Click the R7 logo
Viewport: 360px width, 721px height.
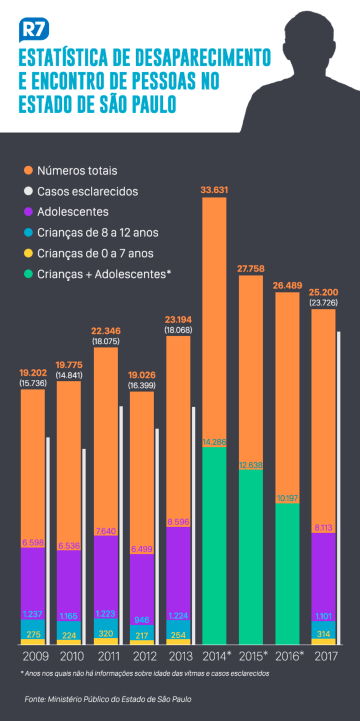pyautogui.click(x=34, y=29)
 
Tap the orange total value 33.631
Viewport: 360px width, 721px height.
pyautogui.click(x=214, y=190)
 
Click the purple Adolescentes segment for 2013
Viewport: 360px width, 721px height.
pyautogui.click(x=178, y=572)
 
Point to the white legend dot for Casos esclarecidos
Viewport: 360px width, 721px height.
pyautogui.click(x=29, y=191)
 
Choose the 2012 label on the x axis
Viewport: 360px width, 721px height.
pyautogui.click(x=142, y=656)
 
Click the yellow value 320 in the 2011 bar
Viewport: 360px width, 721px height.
pyautogui.click(x=106, y=634)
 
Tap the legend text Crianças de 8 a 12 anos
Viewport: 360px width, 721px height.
pyautogui.click(x=98, y=233)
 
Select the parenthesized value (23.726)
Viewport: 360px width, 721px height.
pyautogui.click(x=323, y=303)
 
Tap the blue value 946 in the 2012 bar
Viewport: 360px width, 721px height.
pyautogui.click(x=142, y=619)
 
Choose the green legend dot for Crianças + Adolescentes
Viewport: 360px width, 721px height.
pyautogui.click(x=29, y=274)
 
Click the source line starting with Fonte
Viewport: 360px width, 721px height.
pyautogui.click(x=108, y=699)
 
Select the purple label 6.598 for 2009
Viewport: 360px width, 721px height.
pyautogui.click(x=33, y=543)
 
